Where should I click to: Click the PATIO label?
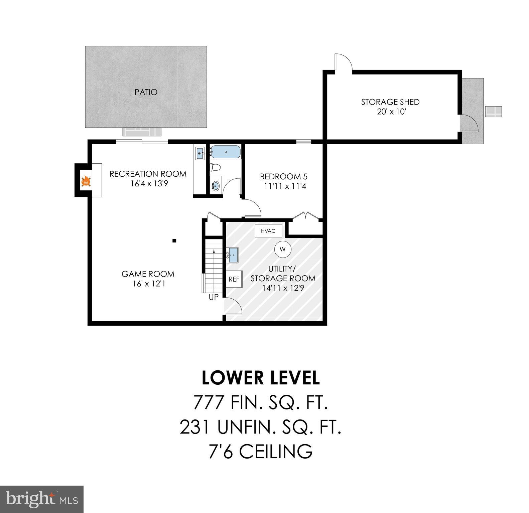pos(146,92)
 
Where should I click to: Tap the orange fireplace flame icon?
pos(86,182)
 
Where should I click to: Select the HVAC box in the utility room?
pos(268,231)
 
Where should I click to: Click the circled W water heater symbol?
pos(283,249)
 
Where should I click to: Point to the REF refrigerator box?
pos(234,279)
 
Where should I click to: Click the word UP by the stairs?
pos(214,297)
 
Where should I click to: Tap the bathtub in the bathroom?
pos(225,152)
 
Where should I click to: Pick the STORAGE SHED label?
pos(390,102)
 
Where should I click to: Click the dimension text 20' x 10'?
pos(391,112)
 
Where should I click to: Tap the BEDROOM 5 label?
pos(284,176)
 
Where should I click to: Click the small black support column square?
pos(174,240)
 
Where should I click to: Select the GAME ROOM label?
pos(148,274)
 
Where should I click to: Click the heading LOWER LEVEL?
pos(261,378)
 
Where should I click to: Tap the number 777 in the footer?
pos(209,402)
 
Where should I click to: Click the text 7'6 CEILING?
pos(261,452)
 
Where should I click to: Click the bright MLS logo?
pos(42,499)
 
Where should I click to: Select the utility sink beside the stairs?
pos(233,255)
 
